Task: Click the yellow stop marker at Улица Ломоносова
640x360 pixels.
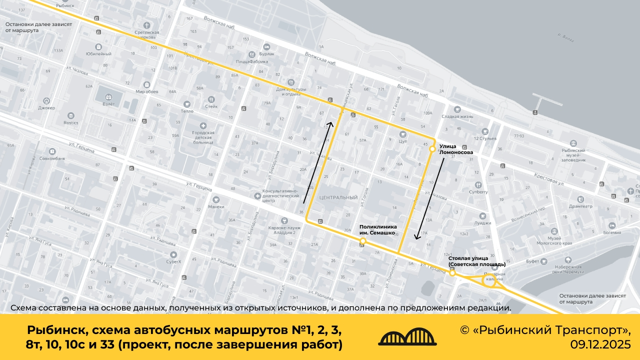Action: pyautogui.click(x=432, y=148)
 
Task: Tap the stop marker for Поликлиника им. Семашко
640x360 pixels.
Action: pyautogui.click(x=363, y=241)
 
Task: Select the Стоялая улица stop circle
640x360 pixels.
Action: pyautogui.click(x=452, y=273)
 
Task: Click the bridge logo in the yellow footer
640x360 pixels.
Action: pyautogui.click(x=407, y=337)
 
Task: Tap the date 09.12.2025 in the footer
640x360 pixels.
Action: pyautogui.click(x=600, y=344)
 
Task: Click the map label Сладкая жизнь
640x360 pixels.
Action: pyautogui.click(x=457, y=116)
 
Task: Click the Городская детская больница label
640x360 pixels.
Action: pyautogui.click(x=203, y=137)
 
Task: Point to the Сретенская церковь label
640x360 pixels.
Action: pyautogui.click(x=146, y=34)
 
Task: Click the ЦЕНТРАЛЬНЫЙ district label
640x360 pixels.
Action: pyautogui.click(x=338, y=197)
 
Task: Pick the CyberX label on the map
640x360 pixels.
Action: pyautogui.click(x=173, y=261)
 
